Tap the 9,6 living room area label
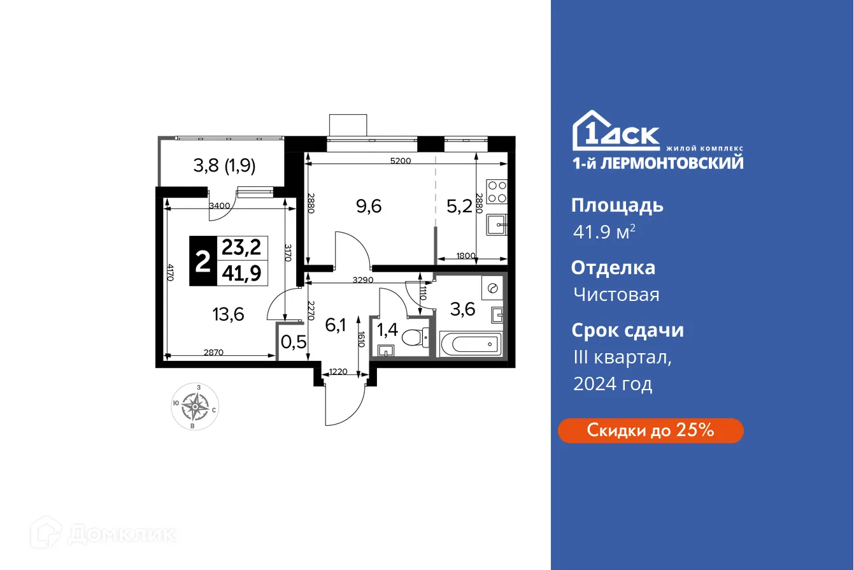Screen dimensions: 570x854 369,206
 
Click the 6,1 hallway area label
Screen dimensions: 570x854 336,325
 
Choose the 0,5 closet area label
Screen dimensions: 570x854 294,342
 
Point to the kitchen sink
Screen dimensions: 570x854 497,224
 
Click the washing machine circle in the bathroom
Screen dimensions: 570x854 492,288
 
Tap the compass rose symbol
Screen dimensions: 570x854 195,406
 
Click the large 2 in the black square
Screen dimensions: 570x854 203,261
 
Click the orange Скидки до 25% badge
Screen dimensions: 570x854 650,430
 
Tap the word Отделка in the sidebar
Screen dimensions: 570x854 613,267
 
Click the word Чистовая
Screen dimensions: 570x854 616,295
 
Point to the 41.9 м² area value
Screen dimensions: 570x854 603,233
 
